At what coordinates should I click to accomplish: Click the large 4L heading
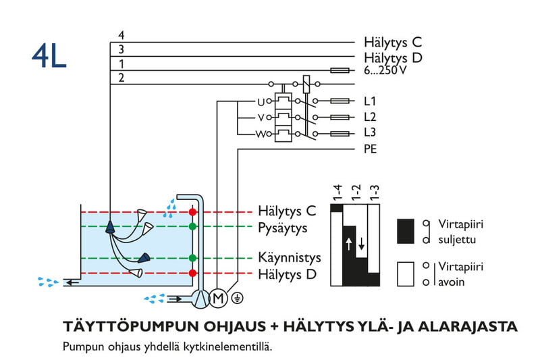coord(49,57)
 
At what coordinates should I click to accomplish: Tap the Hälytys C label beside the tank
coord(287,211)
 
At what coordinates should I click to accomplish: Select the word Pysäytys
coord(282,228)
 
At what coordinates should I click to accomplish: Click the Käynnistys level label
coord(289,258)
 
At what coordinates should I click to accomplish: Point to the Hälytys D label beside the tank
coord(288,274)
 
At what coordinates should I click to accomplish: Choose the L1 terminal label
coord(369,101)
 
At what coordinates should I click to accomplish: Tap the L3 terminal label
coord(369,132)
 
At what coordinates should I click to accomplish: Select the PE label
coord(370,148)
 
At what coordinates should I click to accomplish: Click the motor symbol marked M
coord(218,297)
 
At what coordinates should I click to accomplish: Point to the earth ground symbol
coord(236,297)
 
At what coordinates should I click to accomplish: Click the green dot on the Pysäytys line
coord(192,226)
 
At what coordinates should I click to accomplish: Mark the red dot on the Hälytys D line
coord(192,273)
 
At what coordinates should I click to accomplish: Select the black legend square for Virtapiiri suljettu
coord(405,230)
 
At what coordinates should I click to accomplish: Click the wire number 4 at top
coord(121,35)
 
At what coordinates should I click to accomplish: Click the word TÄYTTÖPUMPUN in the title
coord(126,327)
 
